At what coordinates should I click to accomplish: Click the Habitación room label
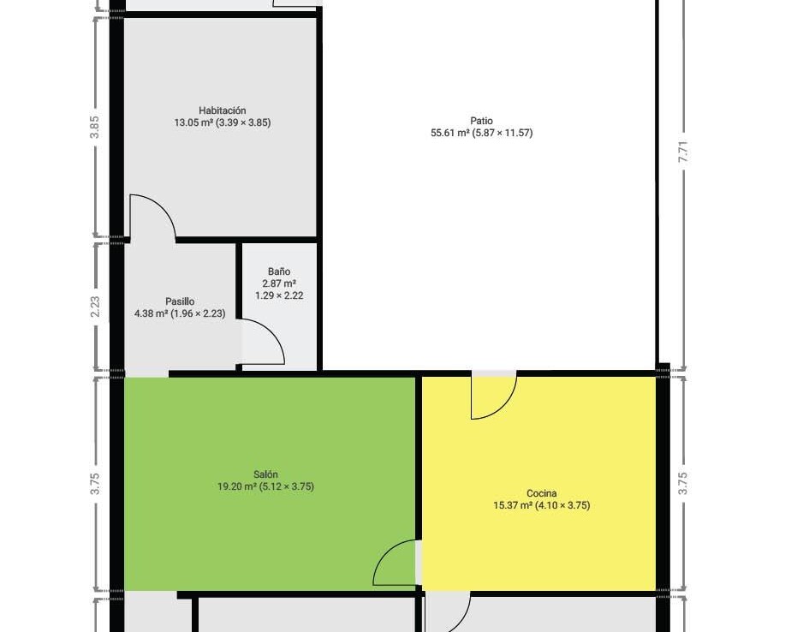click(x=223, y=110)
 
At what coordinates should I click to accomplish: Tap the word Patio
click(x=481, y=121)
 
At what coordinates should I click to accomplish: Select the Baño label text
click(x=279, y=271)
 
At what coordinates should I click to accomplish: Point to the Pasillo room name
click(x=180, y=301)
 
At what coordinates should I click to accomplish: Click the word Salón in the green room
click(x=265, y=474)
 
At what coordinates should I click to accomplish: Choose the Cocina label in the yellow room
click(x=542, y=493)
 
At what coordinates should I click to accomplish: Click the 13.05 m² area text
click(x=193, y=122)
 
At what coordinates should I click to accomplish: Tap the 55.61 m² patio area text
click(x=450, y=133)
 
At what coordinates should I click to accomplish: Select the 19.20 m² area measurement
click(x=236, y=486)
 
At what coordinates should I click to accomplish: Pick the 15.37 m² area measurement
click(x=513, y=505)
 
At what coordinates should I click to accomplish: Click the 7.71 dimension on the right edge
click(x=682, y=152)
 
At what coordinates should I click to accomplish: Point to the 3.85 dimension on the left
click(x=95, y=127)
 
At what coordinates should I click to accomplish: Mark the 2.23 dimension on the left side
click(x=95, y=307)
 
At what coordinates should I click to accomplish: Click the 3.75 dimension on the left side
click(x=95, y=484)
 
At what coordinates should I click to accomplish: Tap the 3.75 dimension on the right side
click(x=682, y=484)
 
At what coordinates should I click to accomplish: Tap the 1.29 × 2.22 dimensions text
click(x=279, y=295)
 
